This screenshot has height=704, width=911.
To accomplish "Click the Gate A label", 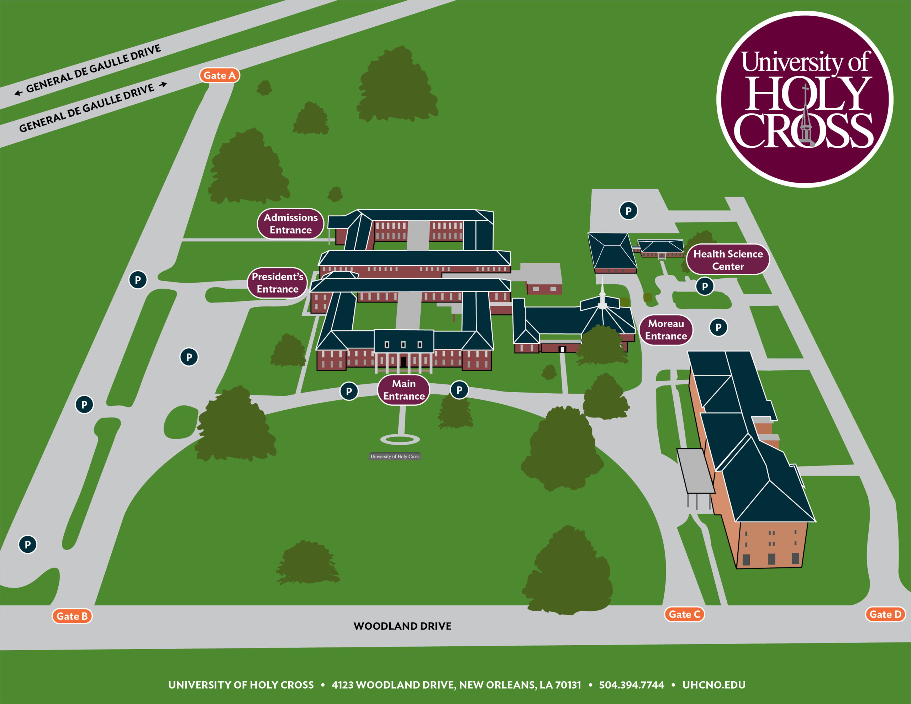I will (220, 75).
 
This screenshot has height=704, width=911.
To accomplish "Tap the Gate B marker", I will (72, 616).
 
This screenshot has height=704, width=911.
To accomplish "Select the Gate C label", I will (684, 614).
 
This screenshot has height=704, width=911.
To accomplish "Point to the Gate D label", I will (885, 614).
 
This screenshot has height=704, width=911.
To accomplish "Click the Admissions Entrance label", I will (291, 224).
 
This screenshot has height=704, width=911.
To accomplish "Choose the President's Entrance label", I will (277, 283).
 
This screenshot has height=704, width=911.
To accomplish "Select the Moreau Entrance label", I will (666, 330).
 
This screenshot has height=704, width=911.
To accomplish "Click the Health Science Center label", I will (728, 260).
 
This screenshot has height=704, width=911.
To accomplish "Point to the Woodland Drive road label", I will (402, 626).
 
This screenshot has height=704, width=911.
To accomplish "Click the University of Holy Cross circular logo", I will (805, 99).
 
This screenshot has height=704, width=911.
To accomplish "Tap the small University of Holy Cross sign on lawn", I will (395, 457).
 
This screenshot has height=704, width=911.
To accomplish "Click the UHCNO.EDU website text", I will (714, 685).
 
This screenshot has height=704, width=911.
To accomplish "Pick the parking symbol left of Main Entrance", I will (349, 392).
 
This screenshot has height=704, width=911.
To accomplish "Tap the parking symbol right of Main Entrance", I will (459, 390).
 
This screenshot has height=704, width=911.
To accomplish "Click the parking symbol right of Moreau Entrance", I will (718, 327).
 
